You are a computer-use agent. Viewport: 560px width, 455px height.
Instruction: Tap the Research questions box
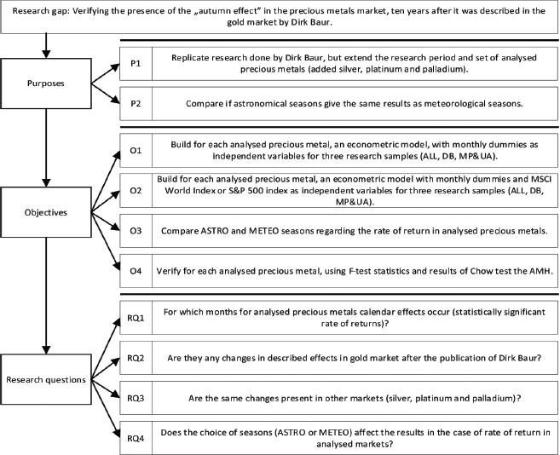(x=46, y=378)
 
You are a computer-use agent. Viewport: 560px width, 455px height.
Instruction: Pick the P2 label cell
(x=136, y=105)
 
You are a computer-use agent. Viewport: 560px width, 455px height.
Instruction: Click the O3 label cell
(x=136, y=229)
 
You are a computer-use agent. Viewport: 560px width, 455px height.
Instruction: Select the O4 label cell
(x=136, y=270)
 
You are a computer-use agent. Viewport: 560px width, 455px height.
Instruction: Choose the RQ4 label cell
(x=136, y=438)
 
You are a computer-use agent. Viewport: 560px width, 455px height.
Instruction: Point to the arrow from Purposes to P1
(x=102, y=72)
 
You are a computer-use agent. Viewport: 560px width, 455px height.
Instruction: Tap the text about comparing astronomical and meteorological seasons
(x=353, y=105)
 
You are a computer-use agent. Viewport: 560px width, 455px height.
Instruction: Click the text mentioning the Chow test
(x=353, y=270)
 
